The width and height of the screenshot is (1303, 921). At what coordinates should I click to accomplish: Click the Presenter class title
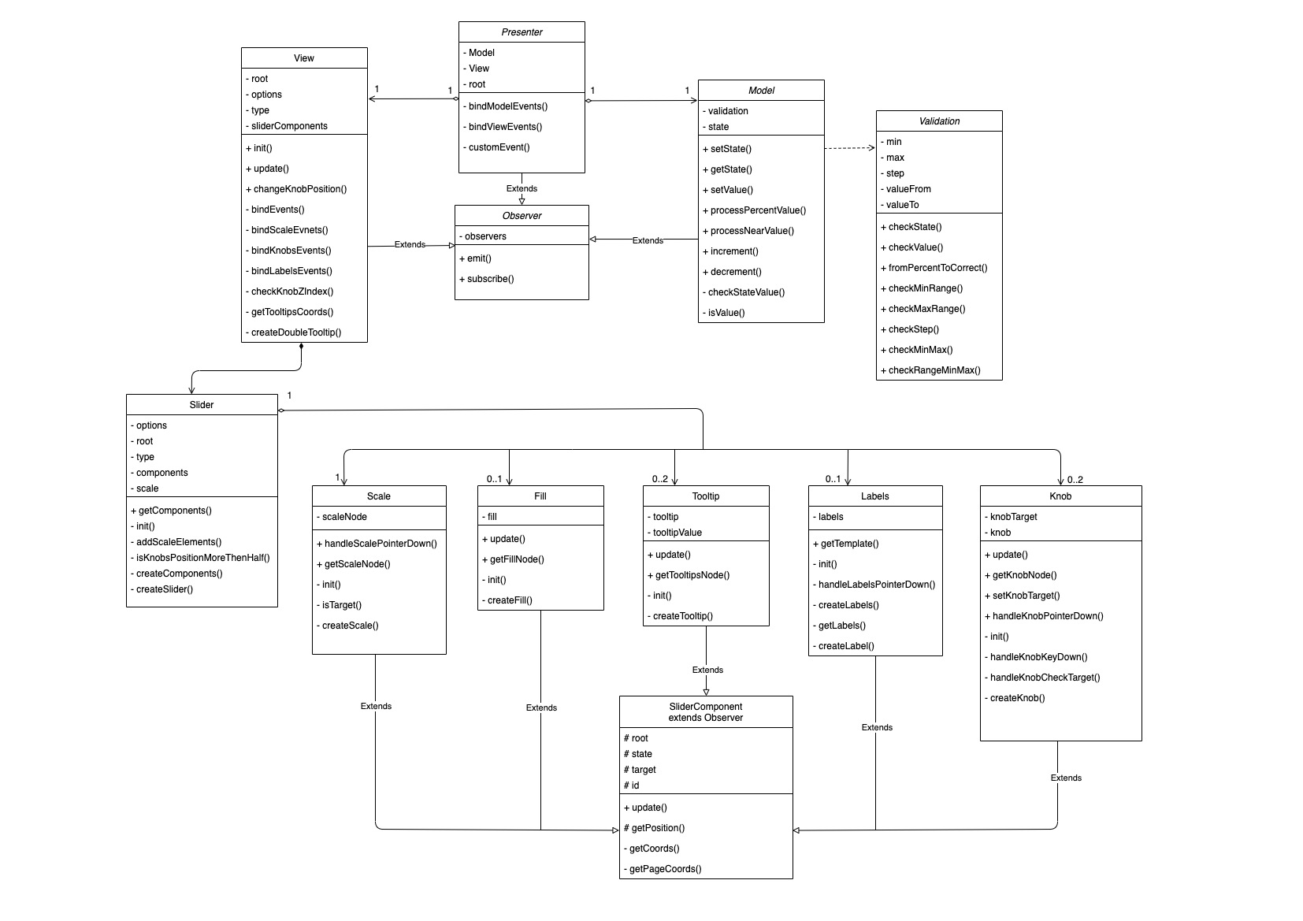coord(522,32)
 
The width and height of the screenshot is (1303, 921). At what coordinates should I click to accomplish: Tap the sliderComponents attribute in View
coord(288,126)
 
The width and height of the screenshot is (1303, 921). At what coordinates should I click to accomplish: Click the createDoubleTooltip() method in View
coord(295,332)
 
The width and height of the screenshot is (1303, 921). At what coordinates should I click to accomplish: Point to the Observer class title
coord(522,216)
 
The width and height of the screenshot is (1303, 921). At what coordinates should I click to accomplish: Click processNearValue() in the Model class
coord(752,231)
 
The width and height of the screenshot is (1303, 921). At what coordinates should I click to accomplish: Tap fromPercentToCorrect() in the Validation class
coord(937,268)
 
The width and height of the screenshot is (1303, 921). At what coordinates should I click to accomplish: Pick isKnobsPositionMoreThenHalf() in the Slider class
coord(202,558)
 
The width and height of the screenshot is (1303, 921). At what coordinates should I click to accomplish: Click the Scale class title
coord(379,496)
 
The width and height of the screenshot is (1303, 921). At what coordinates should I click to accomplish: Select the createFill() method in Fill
coord(509,600)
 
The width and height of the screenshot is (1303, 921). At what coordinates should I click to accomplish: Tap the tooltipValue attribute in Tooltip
coord(677,533)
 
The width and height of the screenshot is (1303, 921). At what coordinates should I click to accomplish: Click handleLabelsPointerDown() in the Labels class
coord(876,585)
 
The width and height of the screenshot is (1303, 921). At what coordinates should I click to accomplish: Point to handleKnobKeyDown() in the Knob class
coord(1038,657)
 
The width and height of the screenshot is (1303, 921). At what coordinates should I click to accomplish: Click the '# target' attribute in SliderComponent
coord(640,770)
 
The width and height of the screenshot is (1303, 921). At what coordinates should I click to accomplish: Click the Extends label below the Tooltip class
coord(707,670)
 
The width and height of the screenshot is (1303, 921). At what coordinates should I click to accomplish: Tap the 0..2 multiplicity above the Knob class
coord(1075,480)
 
